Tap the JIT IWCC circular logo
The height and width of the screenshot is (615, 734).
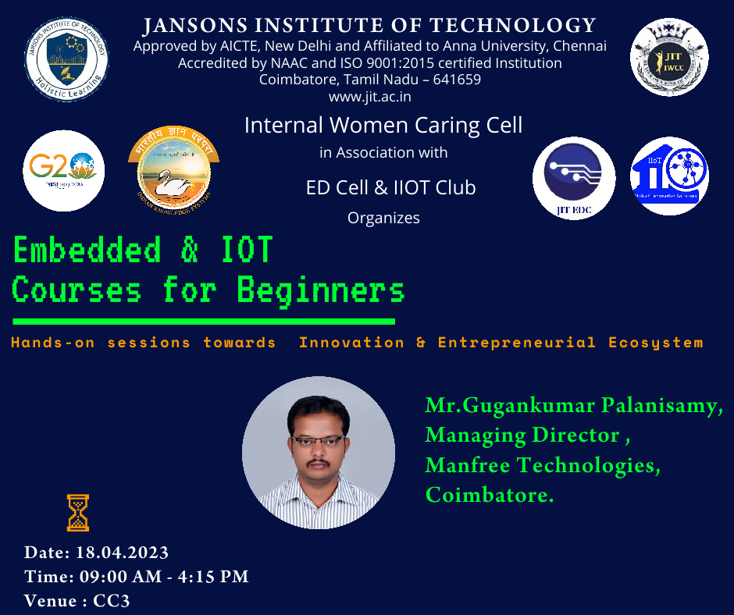point(668,57)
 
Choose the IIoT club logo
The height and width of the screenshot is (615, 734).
point(669,176)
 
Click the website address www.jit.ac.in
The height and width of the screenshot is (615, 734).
point(369,97)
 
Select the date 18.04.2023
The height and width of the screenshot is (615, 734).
point(122,553)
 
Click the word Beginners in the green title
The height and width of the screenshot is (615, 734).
point(320,290)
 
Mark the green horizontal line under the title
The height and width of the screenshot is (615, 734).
point(203,322)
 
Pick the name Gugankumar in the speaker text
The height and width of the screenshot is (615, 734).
point(530,406)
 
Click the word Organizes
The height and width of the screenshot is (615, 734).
point(383,218)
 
